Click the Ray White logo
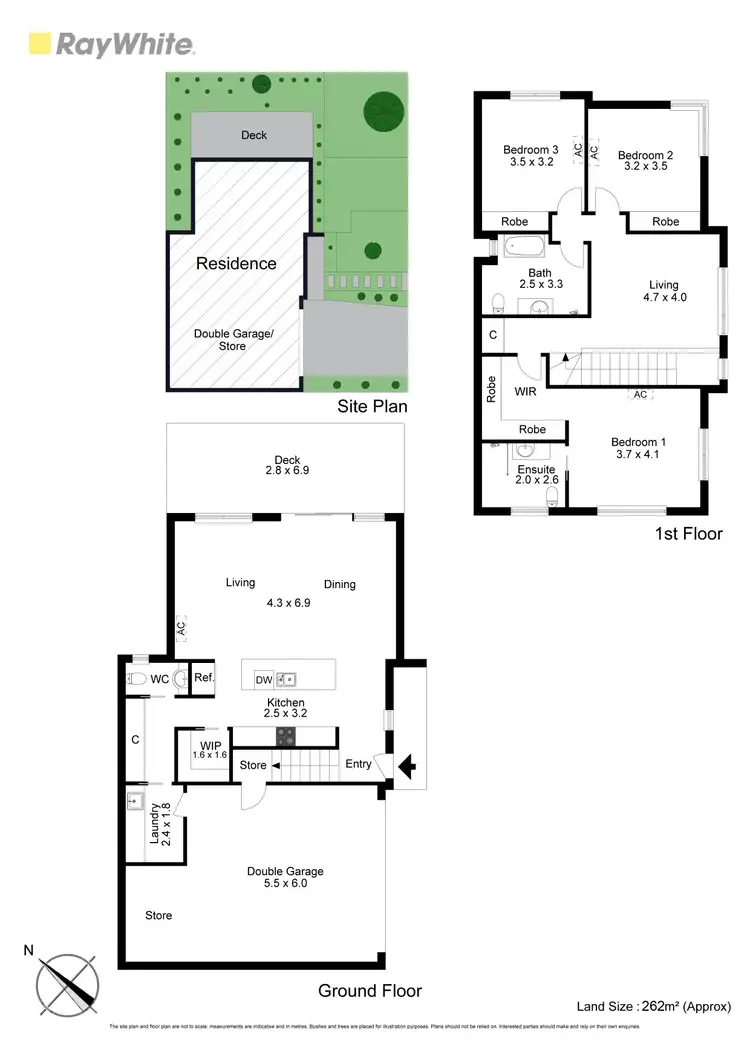[x=111, y=44]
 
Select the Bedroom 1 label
[x=638, y=442]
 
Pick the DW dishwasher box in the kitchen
[x=264, y=680]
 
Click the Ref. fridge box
[x=204, y=678]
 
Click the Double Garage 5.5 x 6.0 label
[x=285, y=878]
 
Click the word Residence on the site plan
[x=236, y=264]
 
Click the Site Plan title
[x=371, y=407]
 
